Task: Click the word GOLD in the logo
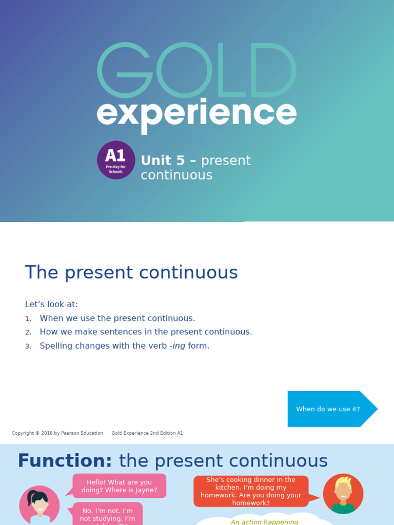196,71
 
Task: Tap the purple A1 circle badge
116,160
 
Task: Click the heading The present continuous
131,273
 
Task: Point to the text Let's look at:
51,304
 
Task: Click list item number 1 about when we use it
117,318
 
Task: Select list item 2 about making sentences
146,332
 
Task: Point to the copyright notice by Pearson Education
57,433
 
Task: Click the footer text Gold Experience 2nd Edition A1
147,433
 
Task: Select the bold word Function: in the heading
65,461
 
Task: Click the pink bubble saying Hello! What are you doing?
119,486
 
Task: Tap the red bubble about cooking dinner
251,491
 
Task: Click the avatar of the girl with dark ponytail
39,505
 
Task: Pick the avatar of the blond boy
343,494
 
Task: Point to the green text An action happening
264,522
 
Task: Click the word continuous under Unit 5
176,175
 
